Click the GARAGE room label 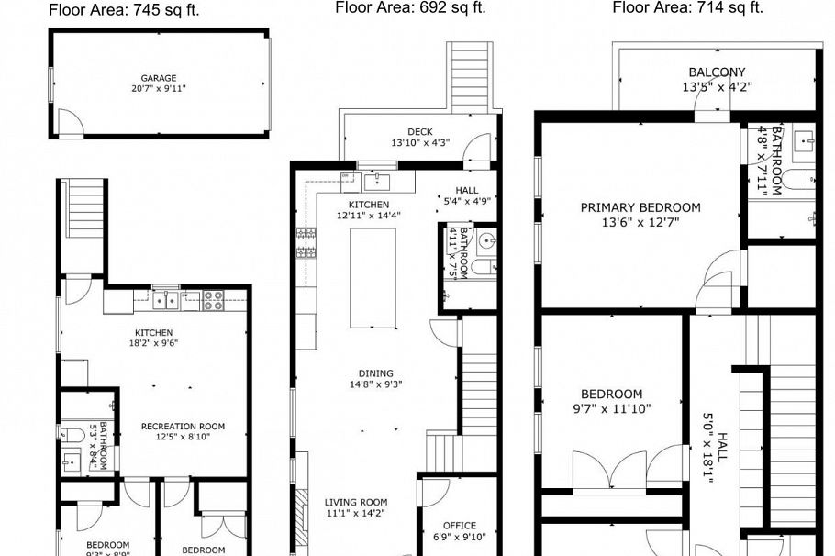click(x=159, y=79)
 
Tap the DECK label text click(x=420, y=130)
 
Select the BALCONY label click(x=717, y=72)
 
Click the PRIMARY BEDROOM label click(x=640, y=207)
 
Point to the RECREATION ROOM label click(x=183, y=427)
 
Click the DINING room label click(x=375, y=373)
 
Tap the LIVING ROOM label click(x=356, y=503)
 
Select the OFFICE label click(x=453, y=526)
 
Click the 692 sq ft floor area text click(x=410, y=7)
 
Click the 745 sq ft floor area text click(x=124, y=10)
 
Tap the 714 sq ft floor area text click(x=687, y=7)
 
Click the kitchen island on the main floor click(x=373, y=277)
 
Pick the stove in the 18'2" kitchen click(x=213, y=298)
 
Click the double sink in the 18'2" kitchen click(x=166, y=298)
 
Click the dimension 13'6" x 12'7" click(x=640, y=223)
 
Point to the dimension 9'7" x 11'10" click(x=611, y=409)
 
